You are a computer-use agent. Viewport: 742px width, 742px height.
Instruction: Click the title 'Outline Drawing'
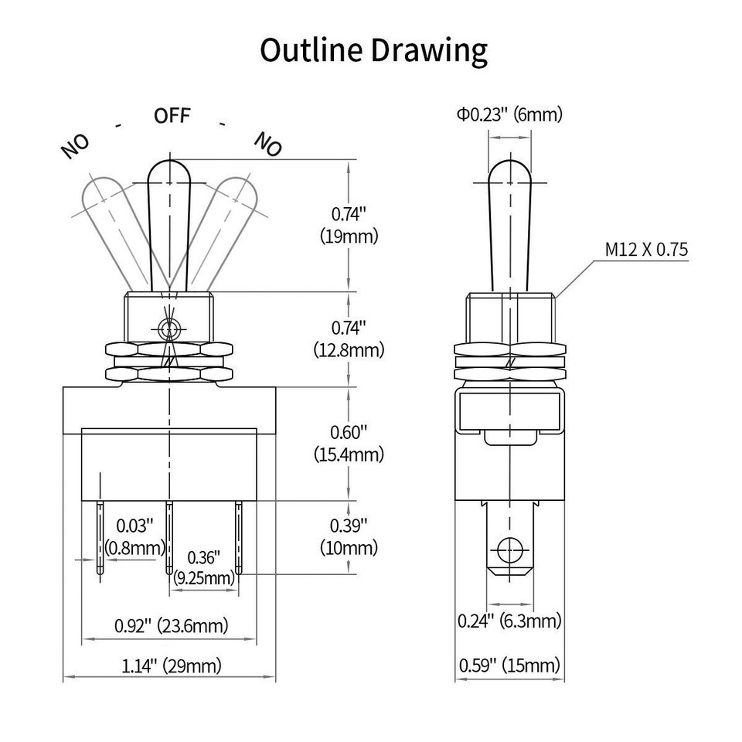click(x=373, y=51)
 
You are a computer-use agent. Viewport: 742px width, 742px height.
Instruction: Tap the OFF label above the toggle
click(x=172, y=115)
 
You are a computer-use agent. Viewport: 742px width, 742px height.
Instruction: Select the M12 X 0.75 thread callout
click(x=646, y=250)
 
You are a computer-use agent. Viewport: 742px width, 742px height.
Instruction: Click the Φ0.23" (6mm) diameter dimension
click(x=509, y=114)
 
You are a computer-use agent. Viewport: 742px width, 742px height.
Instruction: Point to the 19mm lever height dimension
click(x=349, y=225)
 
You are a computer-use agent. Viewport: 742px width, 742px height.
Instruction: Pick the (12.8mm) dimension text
click(x=349, y=350)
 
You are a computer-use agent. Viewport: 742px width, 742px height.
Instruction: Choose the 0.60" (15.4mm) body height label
click(x=349, y=444)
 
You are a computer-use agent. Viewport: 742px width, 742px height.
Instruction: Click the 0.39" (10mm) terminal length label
click(x=349, y=536)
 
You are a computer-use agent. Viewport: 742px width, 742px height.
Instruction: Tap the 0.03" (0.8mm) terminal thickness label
click(x=134, y=536)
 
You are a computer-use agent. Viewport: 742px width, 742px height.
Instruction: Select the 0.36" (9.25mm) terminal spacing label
click(x=204, y=567)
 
